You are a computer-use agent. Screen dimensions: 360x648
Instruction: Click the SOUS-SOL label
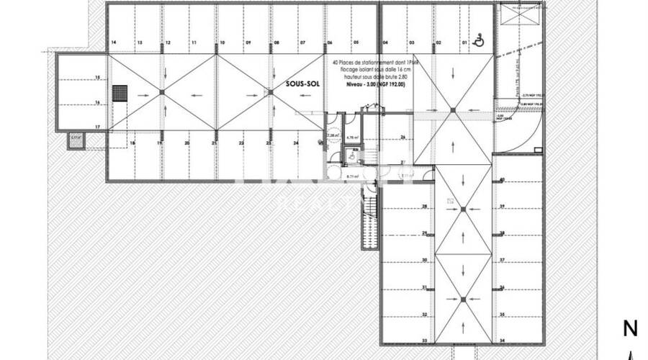coord(302,84)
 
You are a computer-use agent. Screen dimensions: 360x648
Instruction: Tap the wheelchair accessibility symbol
coord(480,41)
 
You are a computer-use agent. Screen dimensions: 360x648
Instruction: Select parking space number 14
coord(114,43)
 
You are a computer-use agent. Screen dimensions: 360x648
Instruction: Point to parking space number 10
coord(221,43)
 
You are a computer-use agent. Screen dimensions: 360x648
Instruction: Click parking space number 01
coord(464,43)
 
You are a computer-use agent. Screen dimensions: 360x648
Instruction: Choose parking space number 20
coord(187,143)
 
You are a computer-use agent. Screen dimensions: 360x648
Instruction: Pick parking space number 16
coord(96,102)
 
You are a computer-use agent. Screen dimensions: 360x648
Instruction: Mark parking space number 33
coord(424,341)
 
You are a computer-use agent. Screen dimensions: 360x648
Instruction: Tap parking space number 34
coord(502,341)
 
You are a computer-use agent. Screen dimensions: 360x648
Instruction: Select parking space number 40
coord(502,179)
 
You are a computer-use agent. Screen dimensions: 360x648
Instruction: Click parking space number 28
coord(424,206)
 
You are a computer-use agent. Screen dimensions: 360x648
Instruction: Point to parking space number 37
coord(502,260)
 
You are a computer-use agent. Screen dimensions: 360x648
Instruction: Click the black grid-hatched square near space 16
coord(120,94)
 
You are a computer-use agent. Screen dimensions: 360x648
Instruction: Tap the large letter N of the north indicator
coord(630,330)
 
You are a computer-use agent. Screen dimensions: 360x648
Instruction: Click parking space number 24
coord(295,143)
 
